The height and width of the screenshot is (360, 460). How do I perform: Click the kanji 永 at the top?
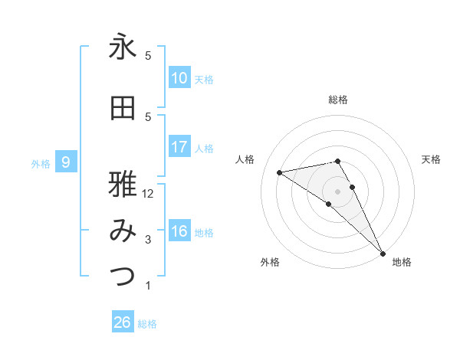click(x=123, y=47)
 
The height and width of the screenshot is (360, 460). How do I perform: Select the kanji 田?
click(x=123, y=109)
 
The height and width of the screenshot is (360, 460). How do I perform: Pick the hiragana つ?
click(x=123, y=277)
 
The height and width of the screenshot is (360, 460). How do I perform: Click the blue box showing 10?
click(x=179, y=78)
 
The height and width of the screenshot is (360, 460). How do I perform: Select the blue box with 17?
click(x=179, y=147)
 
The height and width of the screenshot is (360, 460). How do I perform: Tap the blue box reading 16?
click(x=179, y=231)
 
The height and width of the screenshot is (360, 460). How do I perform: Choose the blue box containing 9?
click(x=66, y=162)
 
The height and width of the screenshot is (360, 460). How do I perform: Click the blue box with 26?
click(x=123, y=322)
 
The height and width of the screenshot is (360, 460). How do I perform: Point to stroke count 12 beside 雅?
click(x=148, y=194)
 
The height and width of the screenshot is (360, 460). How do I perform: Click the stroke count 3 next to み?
click(x=148, y=240)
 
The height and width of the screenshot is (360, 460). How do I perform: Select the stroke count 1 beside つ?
click(x=148, y=286)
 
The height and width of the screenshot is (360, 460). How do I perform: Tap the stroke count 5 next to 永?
click(x=148, y=55)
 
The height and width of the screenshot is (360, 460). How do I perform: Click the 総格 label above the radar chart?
click(x=338, y=100)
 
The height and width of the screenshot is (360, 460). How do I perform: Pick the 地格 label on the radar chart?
click(x=402, y=262)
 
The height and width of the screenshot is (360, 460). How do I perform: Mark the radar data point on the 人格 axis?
click(x=280, y=172)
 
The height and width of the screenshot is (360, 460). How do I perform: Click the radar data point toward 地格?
click(x=382, y=252)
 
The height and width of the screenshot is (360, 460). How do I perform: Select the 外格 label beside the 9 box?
click(x=40, y=163)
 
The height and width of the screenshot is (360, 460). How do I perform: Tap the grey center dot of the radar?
click(x=338, y=190)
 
